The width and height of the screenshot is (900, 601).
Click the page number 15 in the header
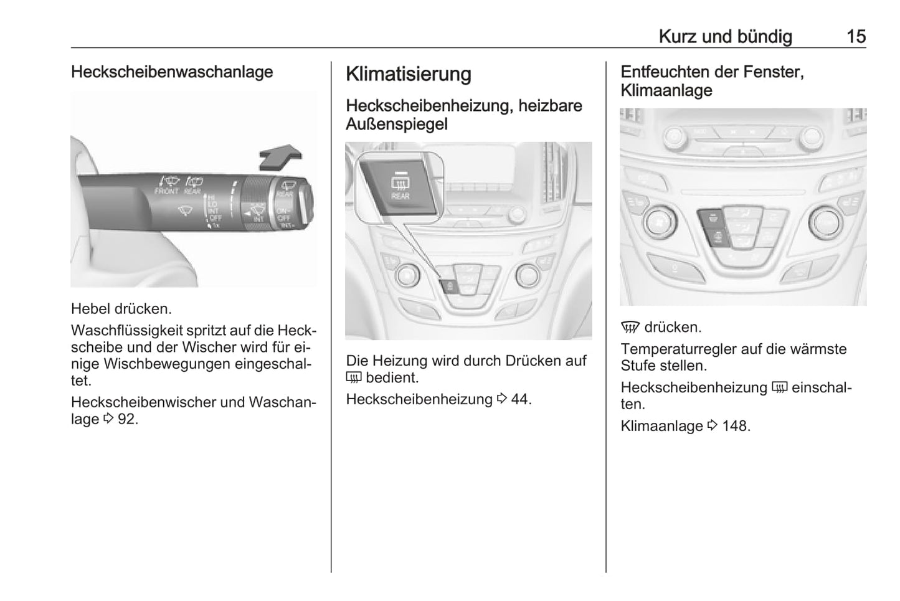(856, 37)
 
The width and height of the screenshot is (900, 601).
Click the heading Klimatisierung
(408, 74)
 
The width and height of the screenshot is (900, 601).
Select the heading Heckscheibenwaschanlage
(172, 72)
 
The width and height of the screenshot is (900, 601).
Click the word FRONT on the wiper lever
(166, 191)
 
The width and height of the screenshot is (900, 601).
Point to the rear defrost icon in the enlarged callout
(400, 184)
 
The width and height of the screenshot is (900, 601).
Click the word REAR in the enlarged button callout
(400, 196)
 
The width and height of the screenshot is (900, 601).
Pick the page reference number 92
(128, 419)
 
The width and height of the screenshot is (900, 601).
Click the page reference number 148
(736, 426)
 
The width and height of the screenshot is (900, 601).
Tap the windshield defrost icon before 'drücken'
(630, 328)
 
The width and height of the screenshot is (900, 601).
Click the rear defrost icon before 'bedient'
(354, 377)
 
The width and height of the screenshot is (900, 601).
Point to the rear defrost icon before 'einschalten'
(779, 387)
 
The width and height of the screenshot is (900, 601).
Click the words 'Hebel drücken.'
(121, 309)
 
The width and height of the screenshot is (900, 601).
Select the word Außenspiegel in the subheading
(397, 124)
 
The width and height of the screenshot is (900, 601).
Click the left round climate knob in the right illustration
(660, 221)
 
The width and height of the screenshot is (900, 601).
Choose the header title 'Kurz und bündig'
(726, 37)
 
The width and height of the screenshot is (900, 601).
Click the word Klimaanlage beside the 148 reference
(661, 426)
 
